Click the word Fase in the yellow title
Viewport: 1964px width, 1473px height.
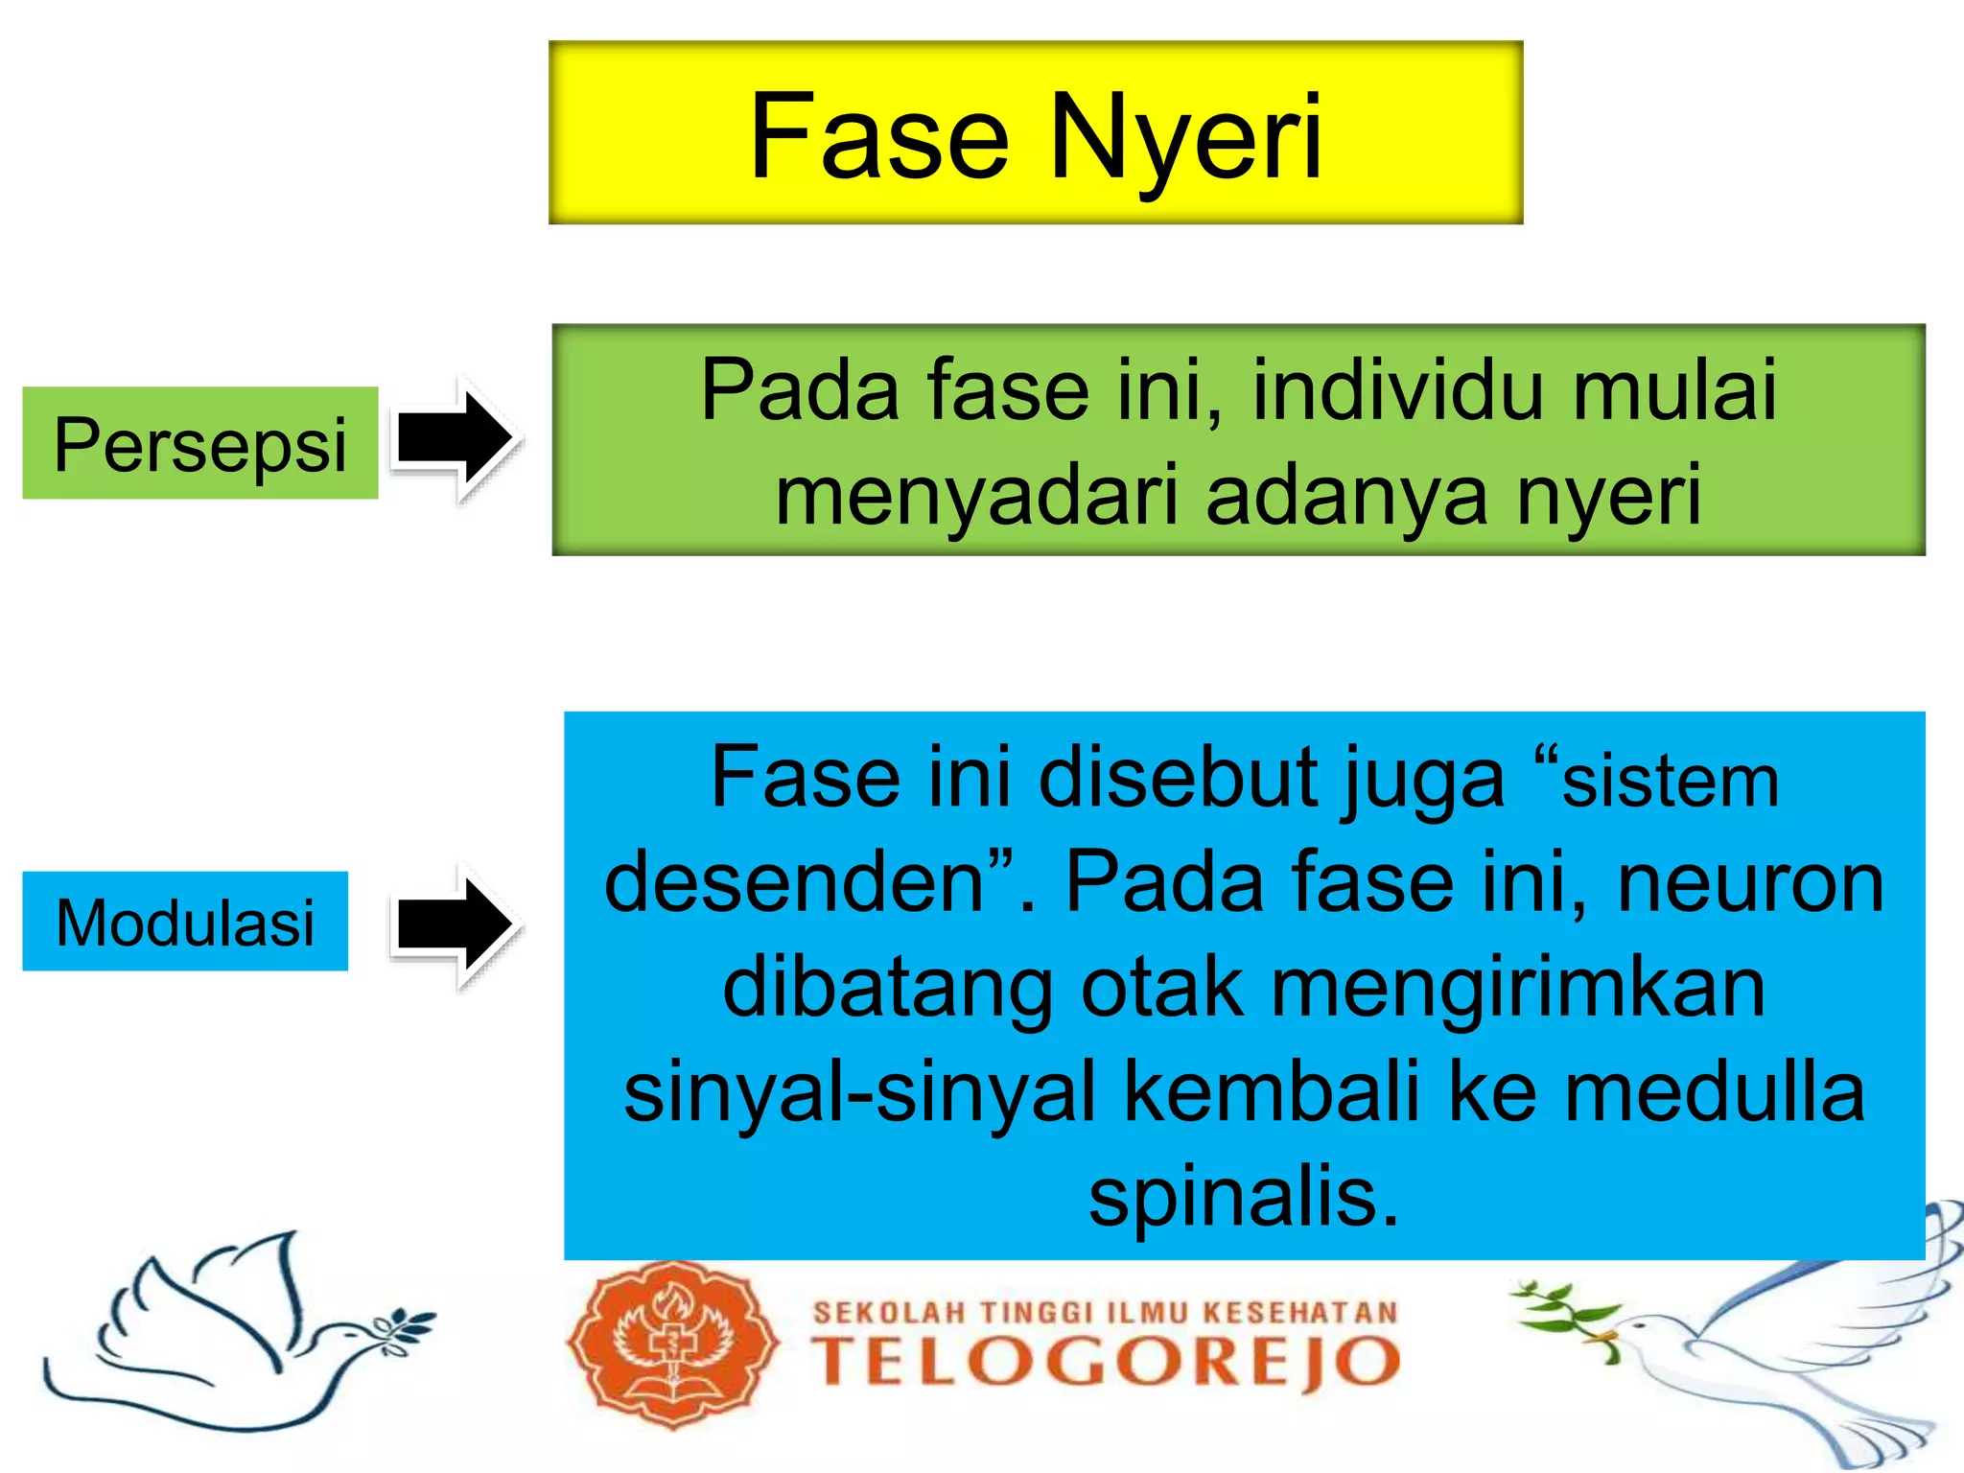pos(878,136)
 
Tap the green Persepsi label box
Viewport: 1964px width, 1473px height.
pos(200,443)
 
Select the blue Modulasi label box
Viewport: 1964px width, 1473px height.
pos(185,922)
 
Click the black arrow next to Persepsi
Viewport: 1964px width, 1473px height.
pos(455,438)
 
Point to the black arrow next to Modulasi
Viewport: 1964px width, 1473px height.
pos(455,924)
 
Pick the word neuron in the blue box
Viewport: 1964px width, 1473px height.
pos(1751,882)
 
